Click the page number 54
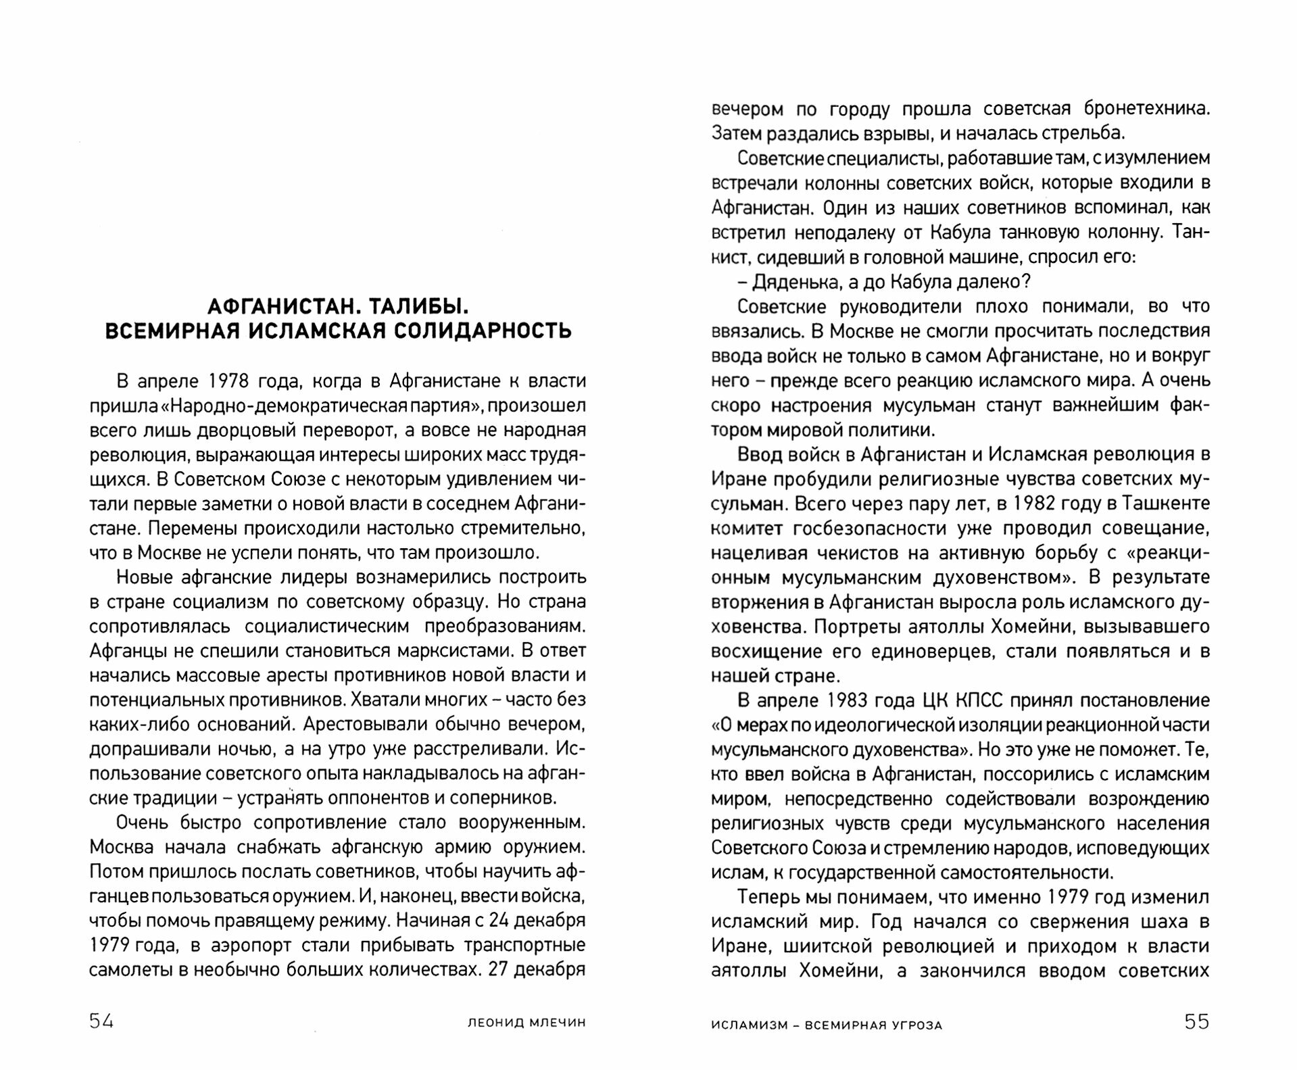tap(101, 1021)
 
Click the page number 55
tap(1196, 1021)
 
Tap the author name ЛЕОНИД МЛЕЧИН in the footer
tap(527, 1023)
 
